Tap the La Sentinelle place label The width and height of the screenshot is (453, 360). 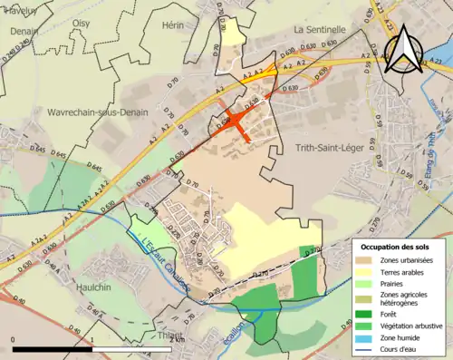point(321,29)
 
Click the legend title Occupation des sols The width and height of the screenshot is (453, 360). point(397,247)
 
